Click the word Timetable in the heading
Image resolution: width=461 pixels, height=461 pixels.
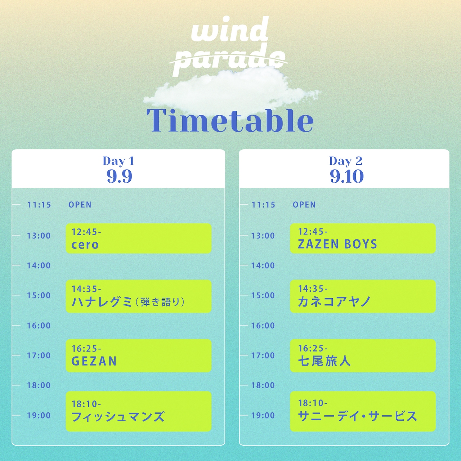point(230,120)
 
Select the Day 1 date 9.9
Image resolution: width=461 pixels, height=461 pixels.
point(119,176)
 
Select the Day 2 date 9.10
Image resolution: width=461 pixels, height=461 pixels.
point(346,176)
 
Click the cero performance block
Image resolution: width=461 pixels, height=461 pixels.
point(138,238)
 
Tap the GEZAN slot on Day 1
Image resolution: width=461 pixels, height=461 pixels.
point(138,355)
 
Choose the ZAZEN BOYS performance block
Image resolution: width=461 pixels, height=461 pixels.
point(363,238)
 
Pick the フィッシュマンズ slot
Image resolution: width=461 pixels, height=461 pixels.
point(138,411)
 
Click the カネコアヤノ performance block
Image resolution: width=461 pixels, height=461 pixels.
point(363,296)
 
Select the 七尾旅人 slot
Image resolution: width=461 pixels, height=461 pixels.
point(363,355)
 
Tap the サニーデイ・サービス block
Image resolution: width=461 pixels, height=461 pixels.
point(363,411)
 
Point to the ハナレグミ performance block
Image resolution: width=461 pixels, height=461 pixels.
point(138,296)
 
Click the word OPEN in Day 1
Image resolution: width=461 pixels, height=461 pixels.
point(80,205)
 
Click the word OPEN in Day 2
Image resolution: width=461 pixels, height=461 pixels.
point(304,205)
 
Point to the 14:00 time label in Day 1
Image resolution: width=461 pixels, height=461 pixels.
point(39,265)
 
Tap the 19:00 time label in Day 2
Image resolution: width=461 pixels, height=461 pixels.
point(263,415)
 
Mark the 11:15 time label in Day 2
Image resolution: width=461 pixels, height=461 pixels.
point(263,205)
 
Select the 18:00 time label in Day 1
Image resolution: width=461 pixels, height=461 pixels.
point(39,385)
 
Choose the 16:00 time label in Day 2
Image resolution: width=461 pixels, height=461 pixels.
point(263,326)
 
